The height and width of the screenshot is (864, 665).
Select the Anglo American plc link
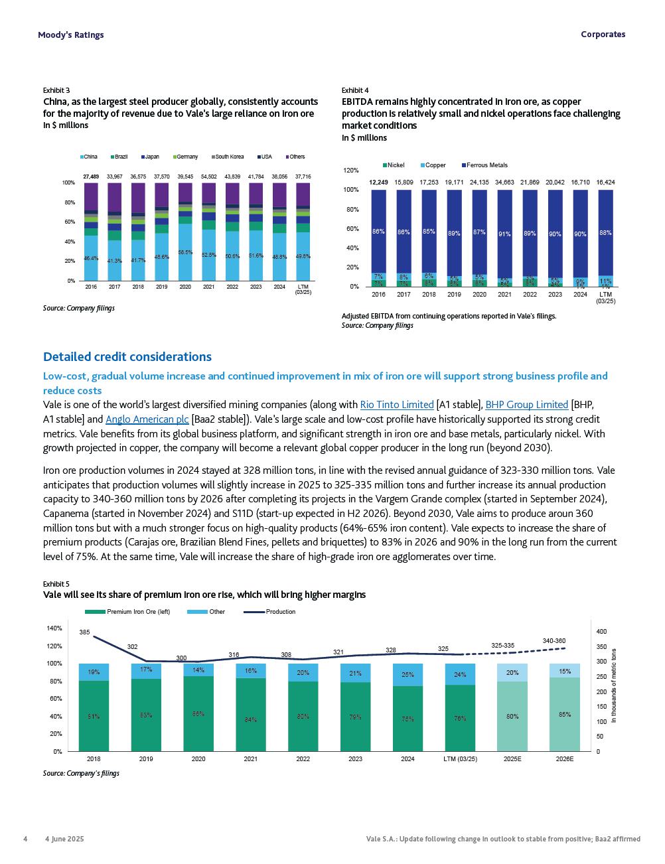click(x=147, y=419)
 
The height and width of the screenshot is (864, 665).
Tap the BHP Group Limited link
click(x=526, y=405)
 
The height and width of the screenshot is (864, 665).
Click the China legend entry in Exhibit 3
click(x=88, y=157)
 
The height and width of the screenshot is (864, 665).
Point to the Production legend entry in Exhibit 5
click(x=279, y=612)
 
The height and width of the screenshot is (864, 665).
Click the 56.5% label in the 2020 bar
click(x=185, y=252)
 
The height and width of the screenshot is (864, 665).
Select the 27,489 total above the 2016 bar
click(x=91, y=177)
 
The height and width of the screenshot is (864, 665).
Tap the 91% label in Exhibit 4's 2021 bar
click(x=504, y=234)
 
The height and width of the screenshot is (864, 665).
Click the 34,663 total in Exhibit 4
click(x=504, y=182)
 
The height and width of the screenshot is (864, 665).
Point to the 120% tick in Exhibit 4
click(x=351, y=171)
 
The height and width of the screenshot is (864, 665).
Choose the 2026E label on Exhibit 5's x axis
click(x=564, y=759)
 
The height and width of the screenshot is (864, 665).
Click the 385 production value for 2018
click(x=85, y=632)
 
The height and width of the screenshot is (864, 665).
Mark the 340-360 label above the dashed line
click(x=554, y=640)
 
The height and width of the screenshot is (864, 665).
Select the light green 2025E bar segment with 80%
click(x=512, y=717)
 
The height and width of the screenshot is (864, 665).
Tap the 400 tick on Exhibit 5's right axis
click(x=601, y=632)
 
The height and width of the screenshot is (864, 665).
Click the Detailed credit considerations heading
click(x=127, y=357)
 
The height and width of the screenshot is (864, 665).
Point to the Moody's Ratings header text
click(x=71, y=35)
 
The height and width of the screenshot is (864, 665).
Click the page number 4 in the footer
click(x=25, y=839)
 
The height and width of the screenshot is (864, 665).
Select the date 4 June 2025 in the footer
click(x=64, y=839)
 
